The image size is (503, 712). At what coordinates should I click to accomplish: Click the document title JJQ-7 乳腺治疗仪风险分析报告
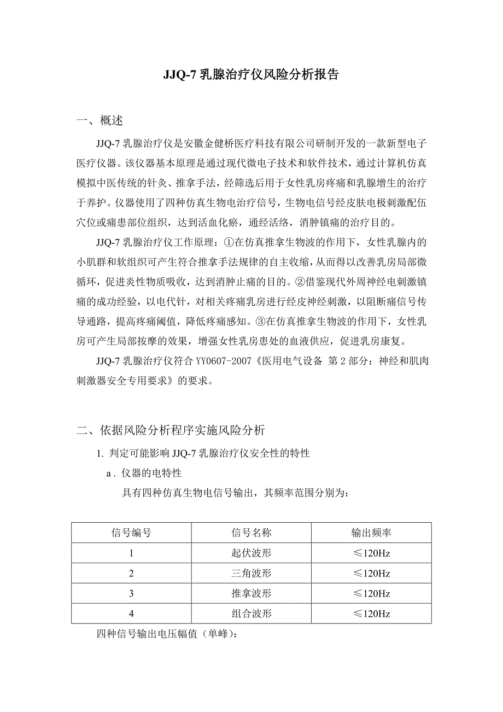(251, 75)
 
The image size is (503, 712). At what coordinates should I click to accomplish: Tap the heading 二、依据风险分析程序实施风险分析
(171, 430)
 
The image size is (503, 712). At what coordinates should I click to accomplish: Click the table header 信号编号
(131, 533)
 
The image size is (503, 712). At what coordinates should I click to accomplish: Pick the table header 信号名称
(251, 533)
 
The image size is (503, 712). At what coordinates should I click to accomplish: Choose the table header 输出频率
(371, 533)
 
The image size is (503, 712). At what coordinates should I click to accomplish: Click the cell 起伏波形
(251, 553)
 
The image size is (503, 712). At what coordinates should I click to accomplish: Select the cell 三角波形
(251, 573)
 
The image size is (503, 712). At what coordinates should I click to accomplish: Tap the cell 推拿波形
(251, 593)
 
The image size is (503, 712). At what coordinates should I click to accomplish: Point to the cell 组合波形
(251, 614)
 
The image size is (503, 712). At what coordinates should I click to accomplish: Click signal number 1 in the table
(131, 553)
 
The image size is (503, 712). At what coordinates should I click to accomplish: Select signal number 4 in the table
(131, 614)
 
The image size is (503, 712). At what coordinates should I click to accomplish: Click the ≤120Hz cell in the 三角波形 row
(371, 573)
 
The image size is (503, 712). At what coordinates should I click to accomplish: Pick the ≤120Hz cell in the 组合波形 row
(371, 614)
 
